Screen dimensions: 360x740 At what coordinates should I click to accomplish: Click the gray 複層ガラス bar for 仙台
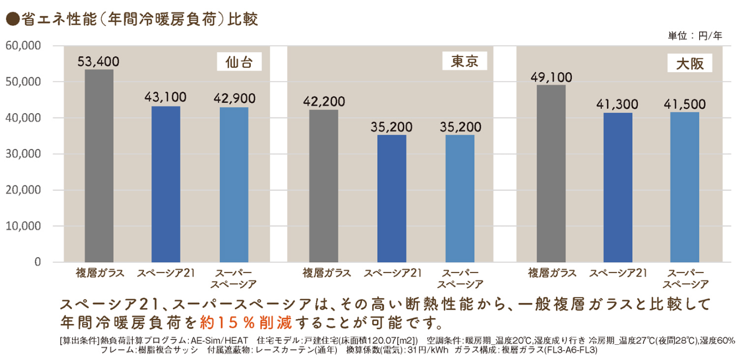tap(99, 166)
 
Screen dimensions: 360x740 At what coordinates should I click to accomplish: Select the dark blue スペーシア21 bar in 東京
tap(392, 198)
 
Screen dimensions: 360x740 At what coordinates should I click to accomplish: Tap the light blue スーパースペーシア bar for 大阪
tap(684, 187)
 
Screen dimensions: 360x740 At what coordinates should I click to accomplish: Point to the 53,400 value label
tap(98, 61)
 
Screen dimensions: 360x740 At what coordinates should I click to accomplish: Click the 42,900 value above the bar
tap(234, 99)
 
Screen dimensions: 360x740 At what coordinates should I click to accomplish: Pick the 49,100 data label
tap(551, 77)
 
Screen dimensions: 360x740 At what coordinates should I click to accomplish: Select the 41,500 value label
tap(684, 104)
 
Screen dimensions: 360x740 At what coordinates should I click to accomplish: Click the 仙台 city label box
tap(239, 62)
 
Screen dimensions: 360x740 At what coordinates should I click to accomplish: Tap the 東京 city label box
tap(465, 61)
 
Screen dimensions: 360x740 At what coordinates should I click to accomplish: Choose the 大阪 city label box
tap(690, 64)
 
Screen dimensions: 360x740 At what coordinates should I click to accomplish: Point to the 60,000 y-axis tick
tap(23, 46)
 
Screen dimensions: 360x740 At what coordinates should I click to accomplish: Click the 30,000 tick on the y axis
tap(23, 154)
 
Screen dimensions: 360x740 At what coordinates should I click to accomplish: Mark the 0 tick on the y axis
tap(38, 262)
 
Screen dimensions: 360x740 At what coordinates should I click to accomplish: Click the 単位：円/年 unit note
tap(695, 36)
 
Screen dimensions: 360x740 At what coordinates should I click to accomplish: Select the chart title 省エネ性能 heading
tap(131, 20)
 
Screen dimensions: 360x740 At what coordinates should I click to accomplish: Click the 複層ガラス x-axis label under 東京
tap(326, 273)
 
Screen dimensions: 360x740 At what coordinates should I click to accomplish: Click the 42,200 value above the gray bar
tap(324, 102)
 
